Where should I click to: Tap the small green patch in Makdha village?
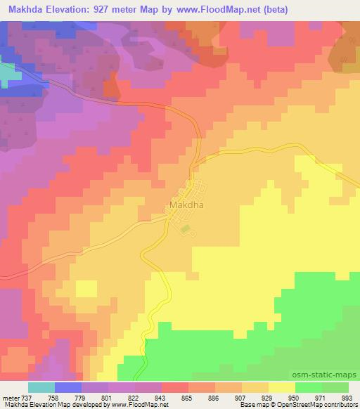click(185, 228)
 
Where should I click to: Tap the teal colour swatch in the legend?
click(41, 387)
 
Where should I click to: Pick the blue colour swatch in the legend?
click(68, 387)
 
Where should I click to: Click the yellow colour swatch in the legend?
click(282, 387)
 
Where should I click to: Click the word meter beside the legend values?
click(10, 397)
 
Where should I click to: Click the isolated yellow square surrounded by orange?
click(86, 288)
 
